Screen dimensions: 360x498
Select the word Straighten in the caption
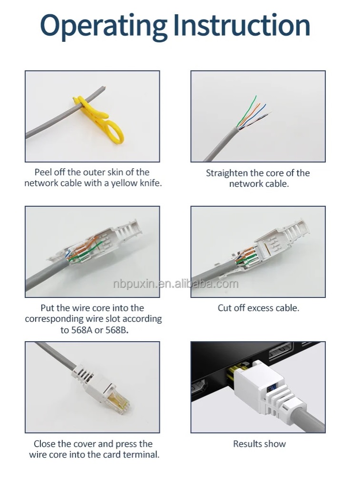227,173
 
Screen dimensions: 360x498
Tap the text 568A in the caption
82,330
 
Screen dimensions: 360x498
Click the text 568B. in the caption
117,330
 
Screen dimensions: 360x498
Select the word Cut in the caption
224,308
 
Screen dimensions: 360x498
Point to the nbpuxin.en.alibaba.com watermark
175,284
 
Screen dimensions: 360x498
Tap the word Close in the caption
45,444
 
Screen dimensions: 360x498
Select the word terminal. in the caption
141,454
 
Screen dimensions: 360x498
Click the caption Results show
259,444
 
